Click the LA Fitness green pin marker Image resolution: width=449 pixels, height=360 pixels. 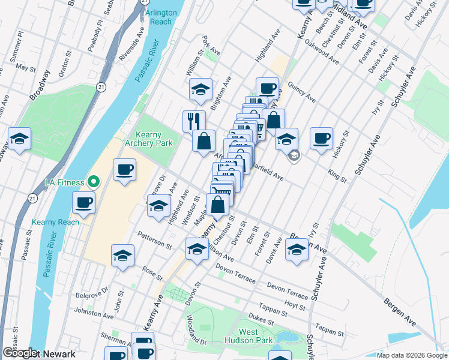point(93,181)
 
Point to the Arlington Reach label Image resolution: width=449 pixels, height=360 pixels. point(161,16)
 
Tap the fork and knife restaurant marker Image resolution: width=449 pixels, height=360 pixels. point(194,121)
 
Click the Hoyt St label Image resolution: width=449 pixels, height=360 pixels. point(295,305)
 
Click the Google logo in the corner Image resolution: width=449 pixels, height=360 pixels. point(19,353)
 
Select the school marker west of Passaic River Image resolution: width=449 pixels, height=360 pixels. point(19,139)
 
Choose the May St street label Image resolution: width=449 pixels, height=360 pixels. point(26,68)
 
